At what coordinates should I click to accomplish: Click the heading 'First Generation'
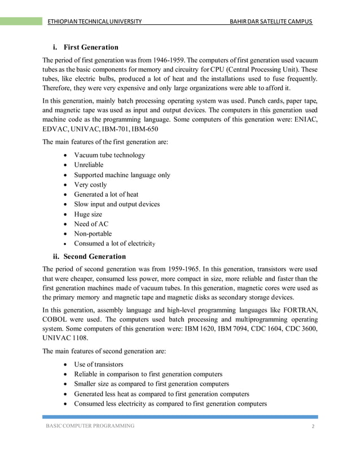pos(91,47)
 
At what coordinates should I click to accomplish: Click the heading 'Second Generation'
pos(96,257)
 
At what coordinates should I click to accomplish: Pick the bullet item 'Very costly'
pos(90,184)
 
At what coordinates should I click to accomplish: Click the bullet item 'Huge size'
pos(88,214)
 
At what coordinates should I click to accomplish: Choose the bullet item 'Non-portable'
pos(93,234)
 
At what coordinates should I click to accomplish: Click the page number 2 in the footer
pos(313,427)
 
